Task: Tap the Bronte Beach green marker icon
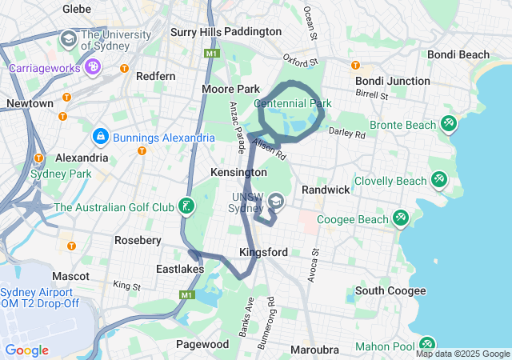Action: coord(449,124)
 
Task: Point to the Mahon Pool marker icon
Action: coord(426,345)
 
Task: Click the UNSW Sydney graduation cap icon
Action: coord(276,201)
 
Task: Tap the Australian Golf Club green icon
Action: coord(186,207)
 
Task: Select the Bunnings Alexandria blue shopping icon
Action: coord(101,138)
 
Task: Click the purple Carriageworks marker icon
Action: coord(94,67)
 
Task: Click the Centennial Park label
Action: coord(292,103)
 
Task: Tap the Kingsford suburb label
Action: coord(263,252)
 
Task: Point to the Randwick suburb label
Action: coord(326,190)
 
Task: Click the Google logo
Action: coord(26,350)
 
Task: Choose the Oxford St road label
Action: coord(301,61)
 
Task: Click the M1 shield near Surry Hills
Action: coord(211,54)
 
